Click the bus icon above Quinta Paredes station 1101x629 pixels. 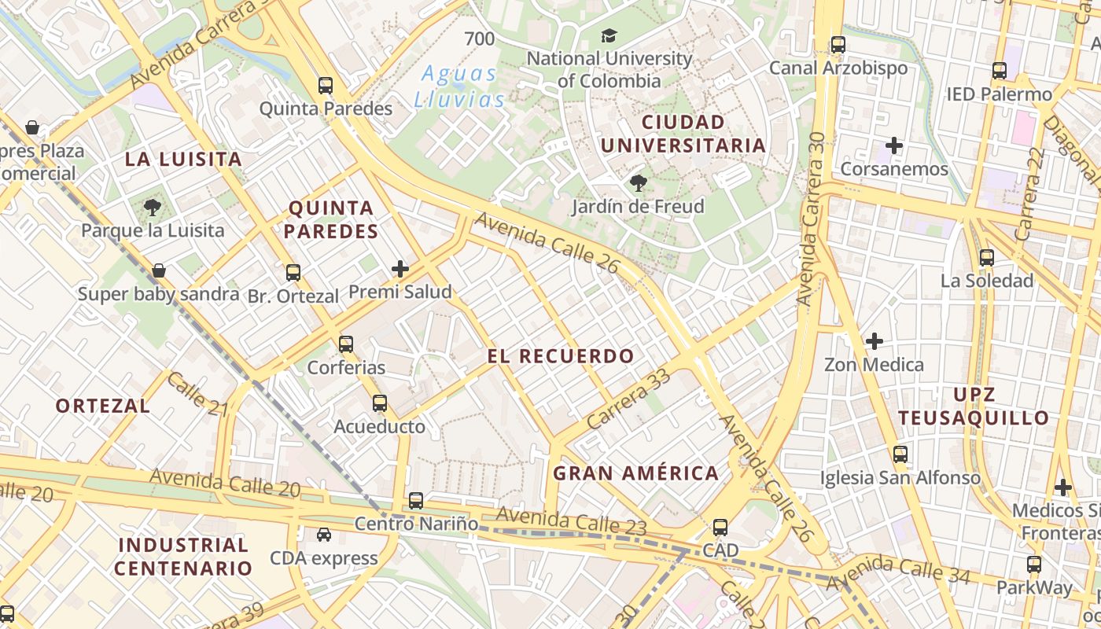[x=325, y=86]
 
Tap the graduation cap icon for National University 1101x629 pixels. [x=609, y=35]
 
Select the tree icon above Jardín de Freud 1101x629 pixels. [x=638, y=184]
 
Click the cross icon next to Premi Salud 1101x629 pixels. [x=400, y=269]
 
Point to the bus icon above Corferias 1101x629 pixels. [x=346, y=344]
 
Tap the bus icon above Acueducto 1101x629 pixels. [x=380, y=403]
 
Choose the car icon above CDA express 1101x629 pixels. [x=323, y=535]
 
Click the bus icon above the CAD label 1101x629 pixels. [x=720, y=527]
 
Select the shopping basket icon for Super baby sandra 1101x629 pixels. [x=159, y=270]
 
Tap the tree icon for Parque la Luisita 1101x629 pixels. [x=152, y=208]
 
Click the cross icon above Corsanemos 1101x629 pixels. [x=893, y=145]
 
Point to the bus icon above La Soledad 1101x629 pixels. [x=987, y=257]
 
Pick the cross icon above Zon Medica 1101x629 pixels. [x=874, y=341]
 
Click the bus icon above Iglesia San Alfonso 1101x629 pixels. [x=900, y=454]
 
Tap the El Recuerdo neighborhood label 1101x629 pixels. [x=561, y=356]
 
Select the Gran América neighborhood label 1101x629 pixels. [x=635, y=473]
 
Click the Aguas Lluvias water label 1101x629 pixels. [x=460, y=86]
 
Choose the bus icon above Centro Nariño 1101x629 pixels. [x=416, y=500]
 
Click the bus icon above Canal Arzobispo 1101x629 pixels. [x=838, y=45]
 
